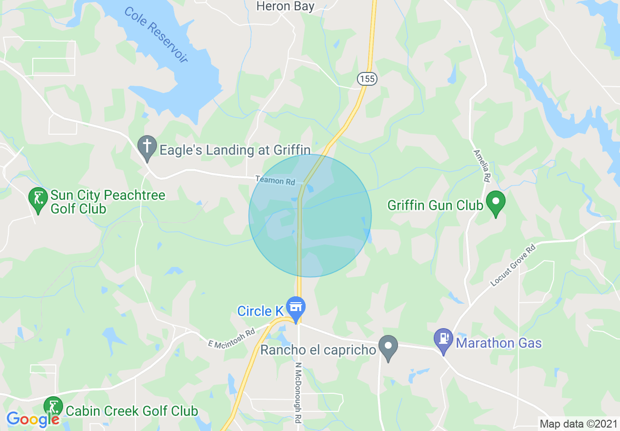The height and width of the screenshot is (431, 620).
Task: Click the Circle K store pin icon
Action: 295,308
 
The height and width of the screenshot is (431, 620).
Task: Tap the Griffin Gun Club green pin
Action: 497,202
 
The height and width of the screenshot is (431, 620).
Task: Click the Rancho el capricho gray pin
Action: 388,346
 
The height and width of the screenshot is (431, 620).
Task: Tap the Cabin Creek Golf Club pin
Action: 53,407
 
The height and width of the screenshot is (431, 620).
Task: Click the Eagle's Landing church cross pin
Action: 147,147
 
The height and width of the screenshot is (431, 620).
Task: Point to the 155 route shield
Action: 366,78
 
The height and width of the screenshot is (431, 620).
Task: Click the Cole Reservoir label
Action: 156,34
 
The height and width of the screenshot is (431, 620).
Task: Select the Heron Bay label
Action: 285,6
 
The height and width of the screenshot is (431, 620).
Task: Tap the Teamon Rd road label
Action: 275,180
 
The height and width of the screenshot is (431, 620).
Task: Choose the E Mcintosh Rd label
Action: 232,338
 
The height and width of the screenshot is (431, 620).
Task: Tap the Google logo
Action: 32,419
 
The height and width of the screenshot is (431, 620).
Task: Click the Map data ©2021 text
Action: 577,424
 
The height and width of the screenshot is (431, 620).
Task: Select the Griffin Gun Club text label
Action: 435,205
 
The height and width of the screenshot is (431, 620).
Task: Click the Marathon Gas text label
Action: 499,343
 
